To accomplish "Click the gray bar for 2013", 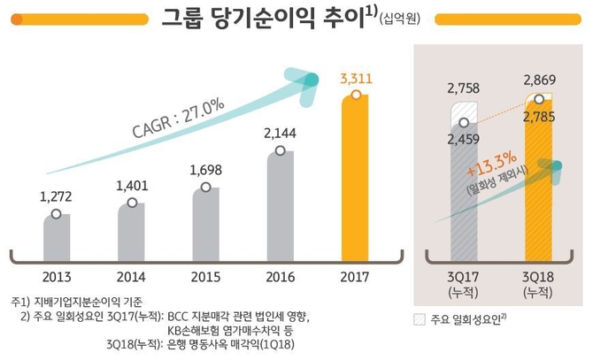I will click(56, 233).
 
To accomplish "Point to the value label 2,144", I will click(280, 134).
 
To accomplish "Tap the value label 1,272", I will click(56, 196).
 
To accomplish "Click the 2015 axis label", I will click(205, 275).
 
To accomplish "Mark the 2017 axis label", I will click(354, 275).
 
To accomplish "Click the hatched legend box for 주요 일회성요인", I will click(420, 319).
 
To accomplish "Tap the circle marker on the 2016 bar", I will click(280, 151).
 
